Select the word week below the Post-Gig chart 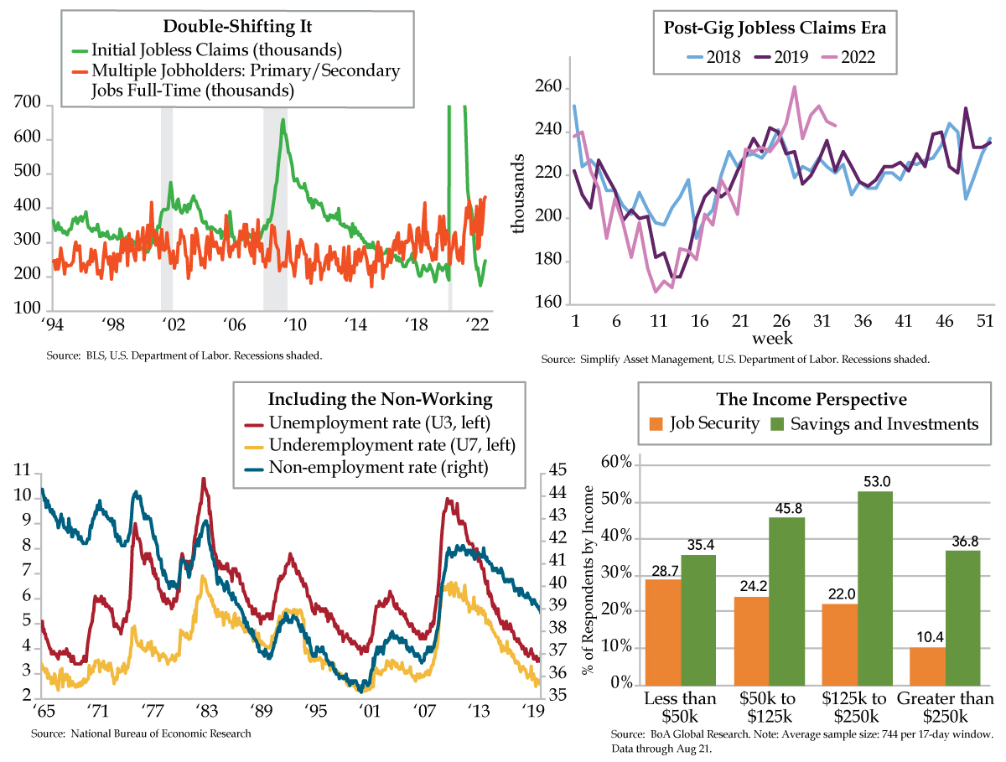(772, 338)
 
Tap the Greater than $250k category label (944, 708)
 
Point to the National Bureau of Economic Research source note (141, 733)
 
